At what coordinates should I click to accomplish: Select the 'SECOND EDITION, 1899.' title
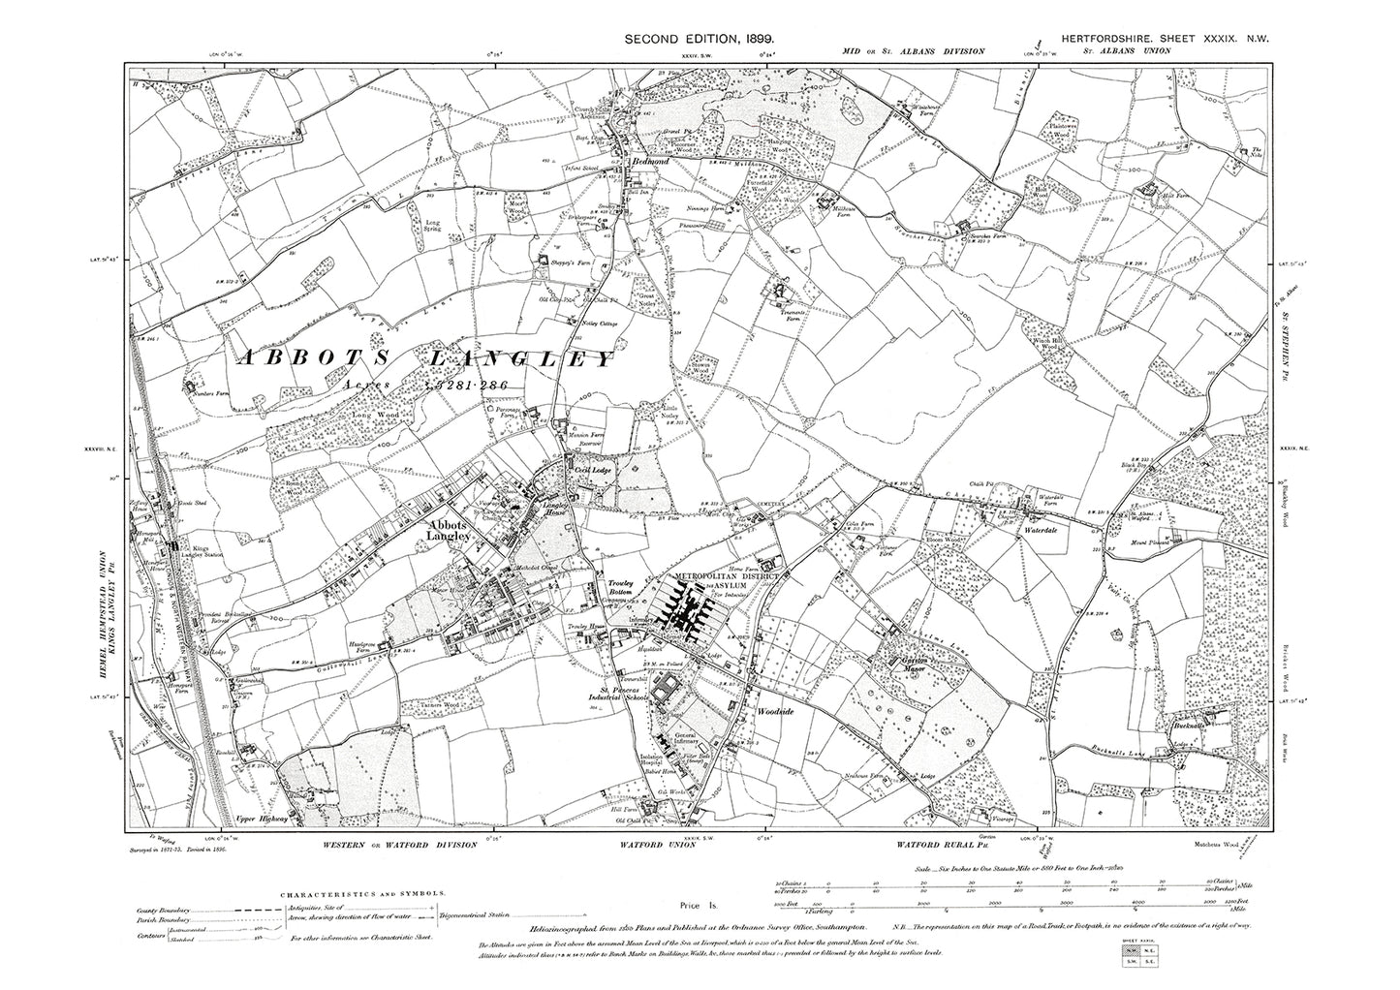[x=699, y=37]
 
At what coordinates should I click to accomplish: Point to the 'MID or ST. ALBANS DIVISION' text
[x=914, y=51]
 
